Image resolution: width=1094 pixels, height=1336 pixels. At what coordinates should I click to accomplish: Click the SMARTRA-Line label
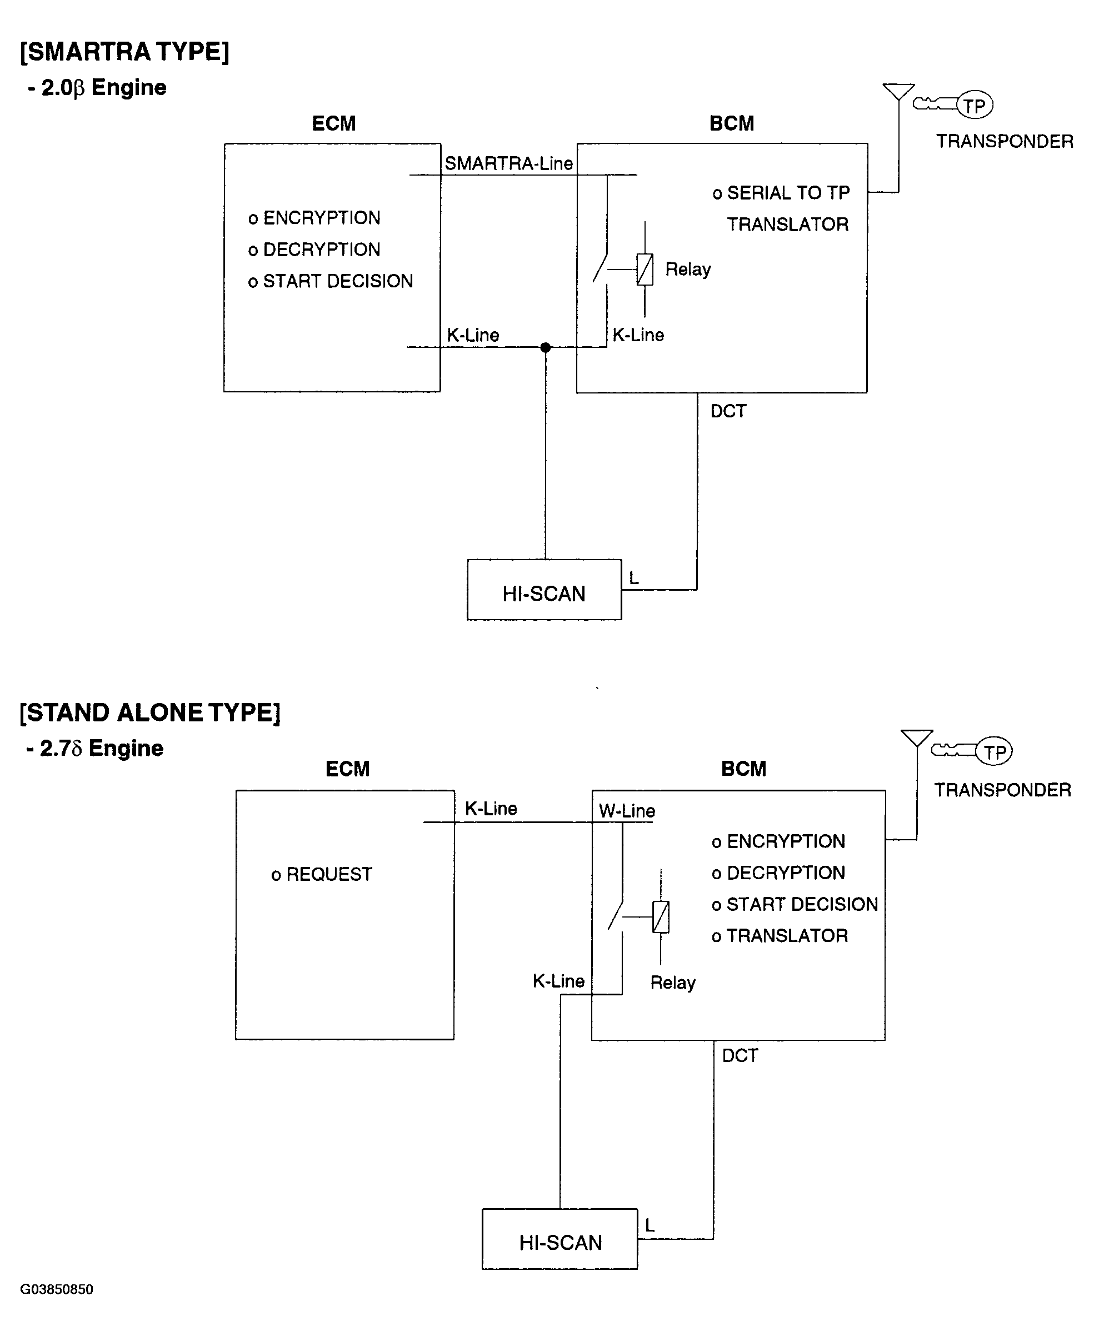[508, 164]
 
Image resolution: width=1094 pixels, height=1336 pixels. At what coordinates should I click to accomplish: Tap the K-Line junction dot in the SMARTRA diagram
[546, 347]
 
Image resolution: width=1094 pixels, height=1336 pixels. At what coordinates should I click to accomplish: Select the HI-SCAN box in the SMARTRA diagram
[544, 590]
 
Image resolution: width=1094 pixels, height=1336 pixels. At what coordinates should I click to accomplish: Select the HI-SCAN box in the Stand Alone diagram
[560, 1239]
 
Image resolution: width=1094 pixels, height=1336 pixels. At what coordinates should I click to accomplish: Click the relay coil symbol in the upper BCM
[645, 269]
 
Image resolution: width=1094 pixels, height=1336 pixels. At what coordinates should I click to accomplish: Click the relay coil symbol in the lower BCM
[661, 917]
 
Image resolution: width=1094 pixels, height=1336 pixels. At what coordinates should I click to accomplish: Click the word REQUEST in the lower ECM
[329, 875]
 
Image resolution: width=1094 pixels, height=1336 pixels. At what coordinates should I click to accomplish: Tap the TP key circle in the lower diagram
[994, 752]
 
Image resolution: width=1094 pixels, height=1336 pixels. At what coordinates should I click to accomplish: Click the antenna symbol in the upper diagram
[898, 91]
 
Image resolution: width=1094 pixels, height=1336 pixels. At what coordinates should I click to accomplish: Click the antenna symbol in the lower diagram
[917, 739]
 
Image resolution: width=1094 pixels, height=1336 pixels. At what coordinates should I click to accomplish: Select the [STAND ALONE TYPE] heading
[150, 713]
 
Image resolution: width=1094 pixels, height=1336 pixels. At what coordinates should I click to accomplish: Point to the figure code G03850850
[57, 1289]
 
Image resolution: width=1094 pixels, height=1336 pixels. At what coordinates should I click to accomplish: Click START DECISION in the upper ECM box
[338, 281]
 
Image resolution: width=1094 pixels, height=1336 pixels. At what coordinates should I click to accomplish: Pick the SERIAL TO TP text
[788, 193]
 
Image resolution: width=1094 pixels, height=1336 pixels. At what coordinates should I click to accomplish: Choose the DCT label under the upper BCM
[728, 411]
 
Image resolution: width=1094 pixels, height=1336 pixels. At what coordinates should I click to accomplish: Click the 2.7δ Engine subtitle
[95, 749]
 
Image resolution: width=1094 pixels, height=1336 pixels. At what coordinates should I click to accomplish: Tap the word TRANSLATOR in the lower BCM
[787, 936]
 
